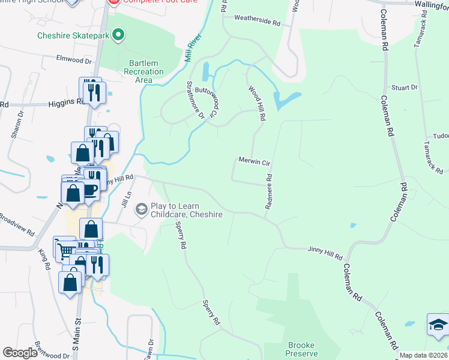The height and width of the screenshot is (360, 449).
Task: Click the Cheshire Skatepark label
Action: [73, 35]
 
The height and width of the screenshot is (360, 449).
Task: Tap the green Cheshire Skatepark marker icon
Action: [118, 35]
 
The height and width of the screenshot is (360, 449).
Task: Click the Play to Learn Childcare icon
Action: [142, 208]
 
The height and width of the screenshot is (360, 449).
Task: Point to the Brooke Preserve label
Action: [302, 349]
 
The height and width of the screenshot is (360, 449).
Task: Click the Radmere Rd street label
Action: [268, 192]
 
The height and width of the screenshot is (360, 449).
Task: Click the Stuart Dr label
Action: [404, 88]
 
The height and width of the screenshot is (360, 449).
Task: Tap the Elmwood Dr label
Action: [73, 61]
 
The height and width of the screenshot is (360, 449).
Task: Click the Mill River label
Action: [193, 49]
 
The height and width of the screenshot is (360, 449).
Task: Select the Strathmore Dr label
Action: [196, 100]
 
